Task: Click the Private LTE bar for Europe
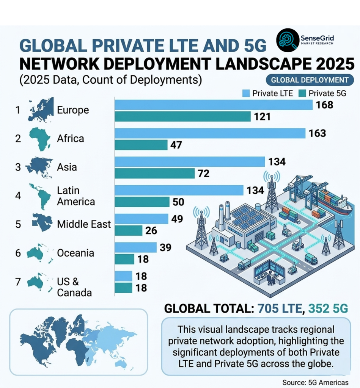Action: pyautogui.click(x=214, y=105)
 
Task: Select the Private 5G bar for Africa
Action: pyautogui.click(x=141, y=145)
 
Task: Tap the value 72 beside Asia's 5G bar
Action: pyautogui.click(x=204, y=174)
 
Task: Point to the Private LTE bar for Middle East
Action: pyautogui.click(x=141, y=219)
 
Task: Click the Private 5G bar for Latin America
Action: pyautogui.click(x=142, y=202)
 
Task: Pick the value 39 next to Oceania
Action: pyautogui.click(x=165, y=247)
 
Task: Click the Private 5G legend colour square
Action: pyautogui.click(x=302, y=93)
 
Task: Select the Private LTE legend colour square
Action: pyautogui.click(x=246, y=93)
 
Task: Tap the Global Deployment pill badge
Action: pyautogui.click(x=310, y=80)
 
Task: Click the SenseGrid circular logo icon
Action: pyautogui.click(x=288, y=40)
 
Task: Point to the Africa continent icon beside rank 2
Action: pyautogui.click(x=40, y=139)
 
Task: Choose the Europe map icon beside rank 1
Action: pyautogui.click(x=41, y=110)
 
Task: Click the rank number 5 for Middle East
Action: pyautogui.click(x=18, y=224)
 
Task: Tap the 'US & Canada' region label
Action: pyautogui.click(x=74, y=287)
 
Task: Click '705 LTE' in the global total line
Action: pyautogui.click(x=280, y=308)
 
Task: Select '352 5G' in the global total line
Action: pyautogui.click(x=328, y=308)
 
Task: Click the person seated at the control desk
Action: pyautogui.click(x=270, y=278)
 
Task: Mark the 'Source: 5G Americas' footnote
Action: pyautogui.click(x=315, y=382)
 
